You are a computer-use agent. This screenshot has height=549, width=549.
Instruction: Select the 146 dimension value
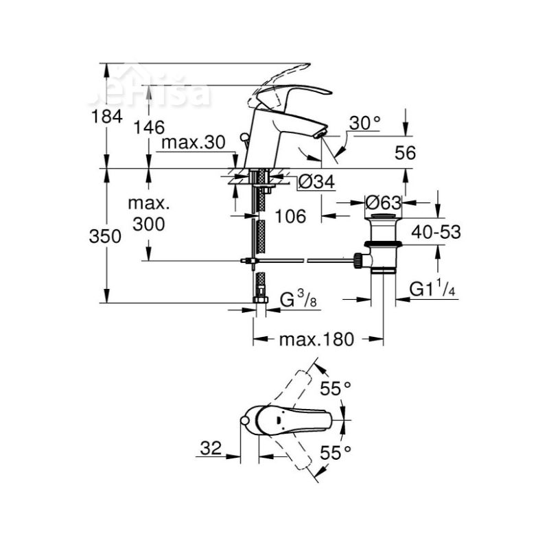point(149,127)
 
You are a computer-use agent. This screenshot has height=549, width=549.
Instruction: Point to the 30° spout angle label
point(364,123)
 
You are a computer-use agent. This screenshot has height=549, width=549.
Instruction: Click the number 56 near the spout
point(406,154)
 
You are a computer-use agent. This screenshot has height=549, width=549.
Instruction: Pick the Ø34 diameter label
point(316,182)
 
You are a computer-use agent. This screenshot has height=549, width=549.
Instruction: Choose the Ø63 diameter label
point(383,202)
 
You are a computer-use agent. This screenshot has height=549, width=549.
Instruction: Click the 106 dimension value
point(290,217)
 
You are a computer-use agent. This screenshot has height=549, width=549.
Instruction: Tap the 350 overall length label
point(106,236)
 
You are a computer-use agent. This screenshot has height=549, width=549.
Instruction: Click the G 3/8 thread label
point(301,299)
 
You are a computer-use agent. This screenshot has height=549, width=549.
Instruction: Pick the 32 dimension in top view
point(211,449)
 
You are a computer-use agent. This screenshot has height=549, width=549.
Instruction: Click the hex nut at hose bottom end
point(261,299)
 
